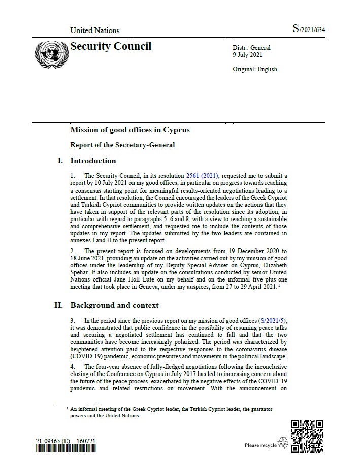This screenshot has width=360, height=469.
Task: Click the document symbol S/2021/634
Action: (308, 29)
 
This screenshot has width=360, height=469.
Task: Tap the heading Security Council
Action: (111, 47)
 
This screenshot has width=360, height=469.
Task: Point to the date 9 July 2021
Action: (248, 55)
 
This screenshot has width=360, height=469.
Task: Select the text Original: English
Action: (255, 69)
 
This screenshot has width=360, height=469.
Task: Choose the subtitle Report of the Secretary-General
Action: (122, 145)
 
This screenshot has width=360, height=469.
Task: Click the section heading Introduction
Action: (93, 161)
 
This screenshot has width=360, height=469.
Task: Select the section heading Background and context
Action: (114, 305)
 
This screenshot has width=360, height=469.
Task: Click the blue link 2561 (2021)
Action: (203, 175)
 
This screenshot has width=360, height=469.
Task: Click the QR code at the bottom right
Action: (307, 436)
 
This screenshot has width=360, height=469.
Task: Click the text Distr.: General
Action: (251, 48)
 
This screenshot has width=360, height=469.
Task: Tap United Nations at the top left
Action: (95, 30)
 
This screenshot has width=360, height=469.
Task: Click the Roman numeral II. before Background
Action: (59, 305)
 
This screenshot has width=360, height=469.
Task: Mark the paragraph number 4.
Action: (73, 367)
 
